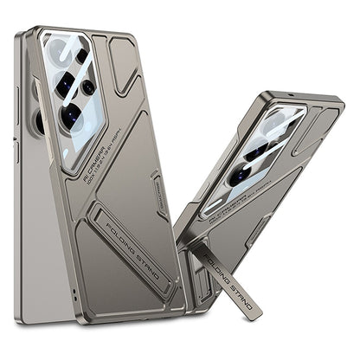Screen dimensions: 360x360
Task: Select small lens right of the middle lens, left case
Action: (88, 87)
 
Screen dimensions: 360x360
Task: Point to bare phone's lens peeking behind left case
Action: (38, 121)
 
